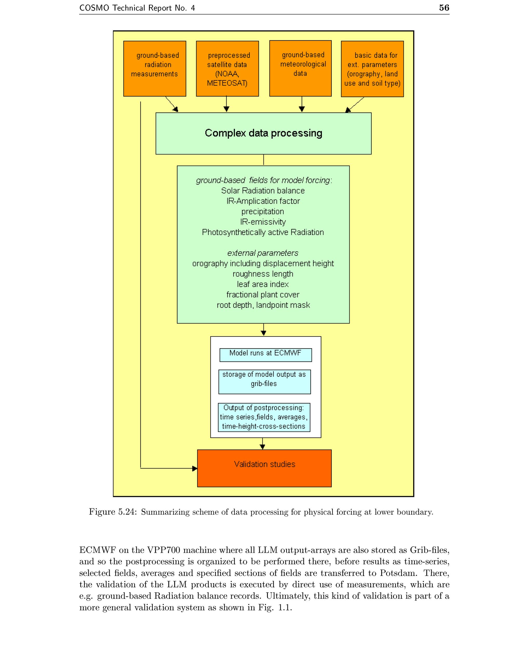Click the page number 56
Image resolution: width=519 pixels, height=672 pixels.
pyautogui.click(x=444, y=8)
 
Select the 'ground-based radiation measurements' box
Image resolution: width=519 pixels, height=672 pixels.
pyautogui.click(x=155, y=69)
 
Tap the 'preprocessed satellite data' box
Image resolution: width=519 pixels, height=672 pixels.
pyautogui.click(x=228, y=69)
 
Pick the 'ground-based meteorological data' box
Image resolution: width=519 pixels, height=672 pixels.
pyautogui.click(x=301, y=68)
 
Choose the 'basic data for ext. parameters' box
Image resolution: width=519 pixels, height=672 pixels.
pyautogui.click(x=372, y=69)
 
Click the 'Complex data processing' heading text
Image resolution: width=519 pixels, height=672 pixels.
pyautogui.click(x=263, y=133)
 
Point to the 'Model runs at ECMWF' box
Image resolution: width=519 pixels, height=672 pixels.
pyautogui.click(x=266, y=355)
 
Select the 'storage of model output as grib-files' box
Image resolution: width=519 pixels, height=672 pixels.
pyautogui.click(x=265, y=381)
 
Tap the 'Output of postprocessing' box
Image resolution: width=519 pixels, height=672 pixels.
pyautogui.click(x=264, y=417)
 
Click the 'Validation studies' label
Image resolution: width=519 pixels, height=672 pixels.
pyautogui.click(x=265, y=464)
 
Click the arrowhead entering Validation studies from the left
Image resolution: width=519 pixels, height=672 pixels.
pyautogui.click(x=195, y=469)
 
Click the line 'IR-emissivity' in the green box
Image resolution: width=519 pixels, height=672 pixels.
pyautogui.click(x=263, y=222)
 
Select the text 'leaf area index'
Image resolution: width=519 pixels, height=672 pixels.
pyautogui.click(x=263, y=284)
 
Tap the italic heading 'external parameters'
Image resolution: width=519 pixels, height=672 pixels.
pyautogui.click(x=263, y=253)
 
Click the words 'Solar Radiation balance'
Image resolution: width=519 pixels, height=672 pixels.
pyautogui.click(x=263, y=191)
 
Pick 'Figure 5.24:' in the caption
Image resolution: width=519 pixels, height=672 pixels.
pyautogui.click(x=113, y=512)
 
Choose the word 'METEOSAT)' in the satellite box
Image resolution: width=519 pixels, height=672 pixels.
pyautogui.click(x=227, y=83)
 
